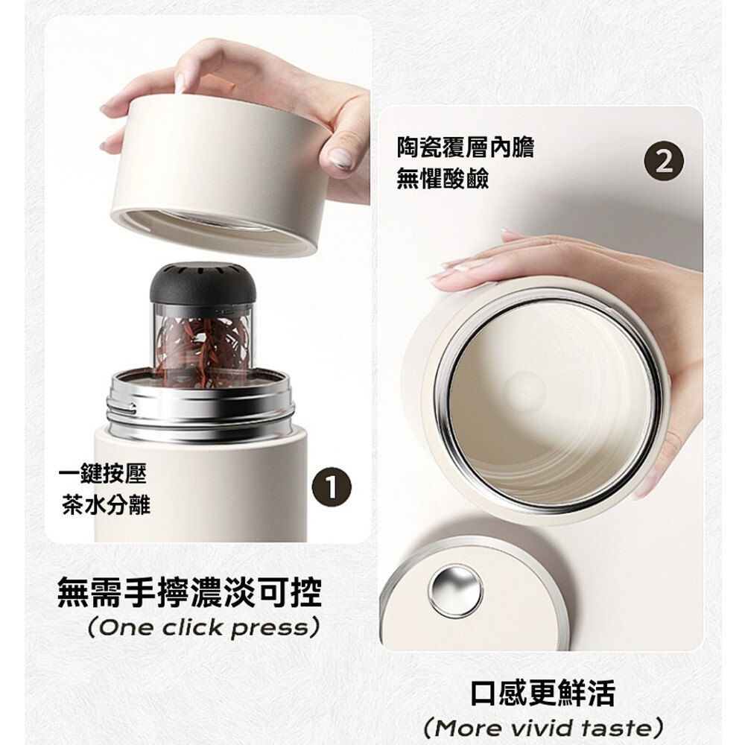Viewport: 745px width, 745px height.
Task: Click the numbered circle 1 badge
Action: (332, 487)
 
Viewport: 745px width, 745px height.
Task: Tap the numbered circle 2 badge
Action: (664, 162)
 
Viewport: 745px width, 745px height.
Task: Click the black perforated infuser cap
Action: (203, 285)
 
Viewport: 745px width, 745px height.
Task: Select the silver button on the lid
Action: (455, 591)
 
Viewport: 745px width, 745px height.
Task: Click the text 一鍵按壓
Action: (103, 474)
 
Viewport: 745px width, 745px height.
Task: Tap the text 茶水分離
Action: (106, 504)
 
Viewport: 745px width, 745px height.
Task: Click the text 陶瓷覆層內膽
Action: (465, 148)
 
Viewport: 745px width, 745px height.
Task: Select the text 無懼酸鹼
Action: (443, 179)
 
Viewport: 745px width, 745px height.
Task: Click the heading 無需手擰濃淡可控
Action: (189, 592)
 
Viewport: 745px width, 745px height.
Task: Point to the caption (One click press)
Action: (203, 628)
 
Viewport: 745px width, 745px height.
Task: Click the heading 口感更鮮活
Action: (542, 693)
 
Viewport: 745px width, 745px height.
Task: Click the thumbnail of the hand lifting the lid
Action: (208, 279)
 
